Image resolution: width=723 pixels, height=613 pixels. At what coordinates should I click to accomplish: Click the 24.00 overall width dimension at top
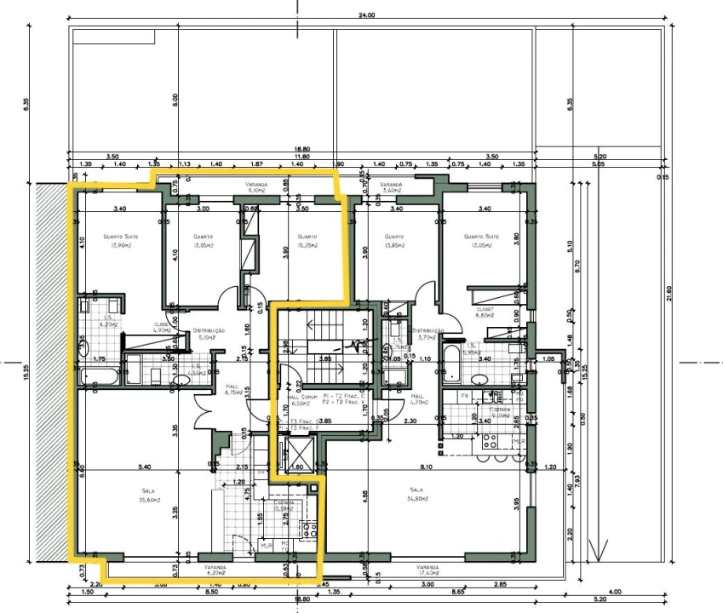[367, 15]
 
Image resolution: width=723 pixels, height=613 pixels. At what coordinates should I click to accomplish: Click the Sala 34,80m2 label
[416, 495]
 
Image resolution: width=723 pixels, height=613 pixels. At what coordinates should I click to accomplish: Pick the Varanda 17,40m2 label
[427, 570]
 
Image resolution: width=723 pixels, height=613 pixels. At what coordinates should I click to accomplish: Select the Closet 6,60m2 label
[486, 312]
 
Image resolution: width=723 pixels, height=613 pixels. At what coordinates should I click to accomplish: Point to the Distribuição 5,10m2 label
[208, 334]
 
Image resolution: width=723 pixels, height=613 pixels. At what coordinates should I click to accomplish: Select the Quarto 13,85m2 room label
[393, 241]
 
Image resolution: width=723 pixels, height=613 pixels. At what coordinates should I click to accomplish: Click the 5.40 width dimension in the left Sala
[144, 467]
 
